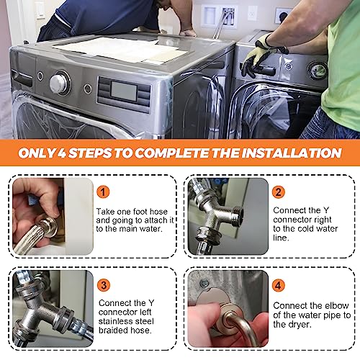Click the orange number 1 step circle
(104, 192)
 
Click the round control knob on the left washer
(59, 84)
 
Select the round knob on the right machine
(318, 69)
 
